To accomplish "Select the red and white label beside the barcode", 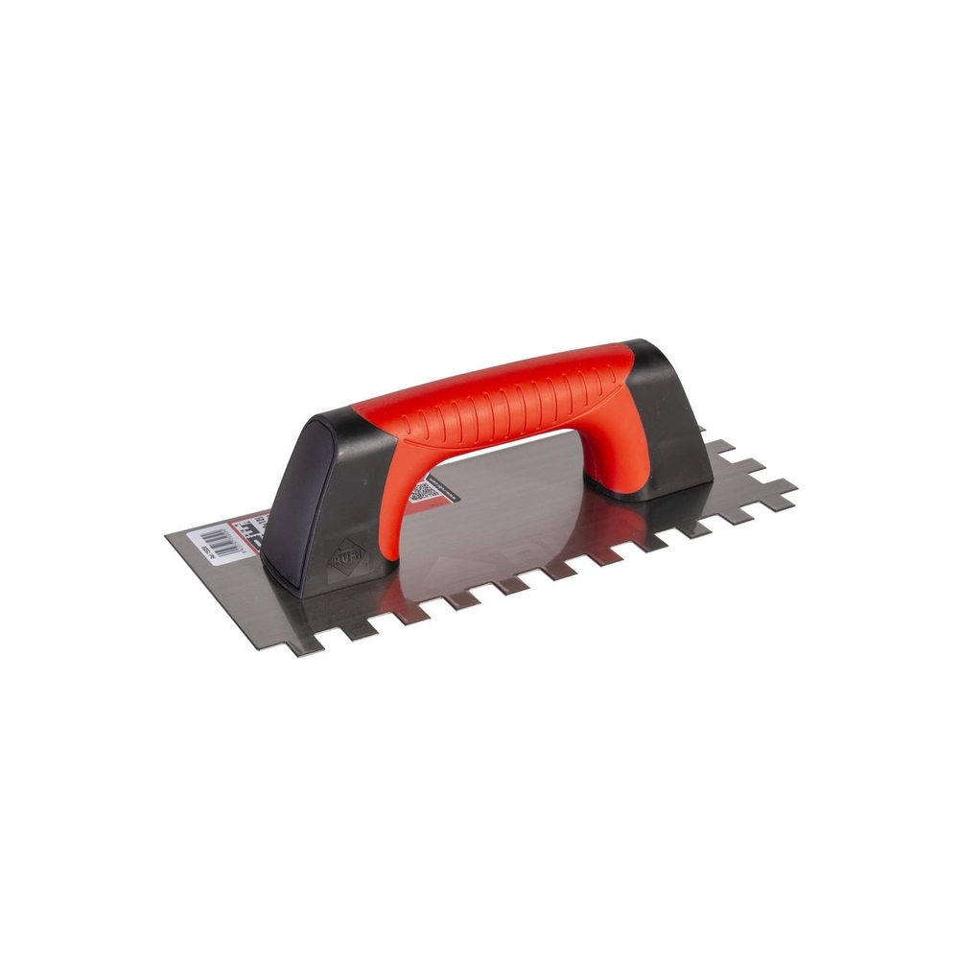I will pyautogui.click(x=252, y=530).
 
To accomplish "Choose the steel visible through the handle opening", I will pyautogui.click(x=508, y=499).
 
